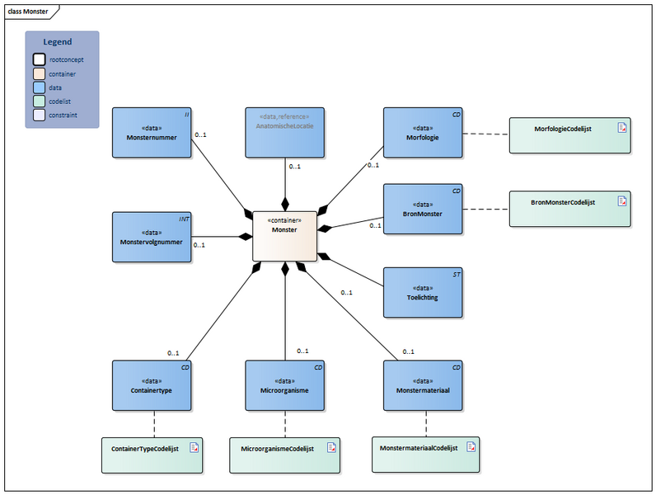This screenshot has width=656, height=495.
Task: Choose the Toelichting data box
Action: click(423, 292)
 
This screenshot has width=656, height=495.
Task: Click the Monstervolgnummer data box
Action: click(152, 237)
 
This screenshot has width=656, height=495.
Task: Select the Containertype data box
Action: click(152, 384)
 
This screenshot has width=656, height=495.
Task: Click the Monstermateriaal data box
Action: click(423, 384)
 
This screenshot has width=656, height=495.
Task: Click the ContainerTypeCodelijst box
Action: click(152, 455)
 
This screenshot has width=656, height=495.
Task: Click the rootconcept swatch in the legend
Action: click(40, 59)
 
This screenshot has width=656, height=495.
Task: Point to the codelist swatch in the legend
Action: click(40, 101)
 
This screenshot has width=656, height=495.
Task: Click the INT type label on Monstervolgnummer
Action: click(185, 219)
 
